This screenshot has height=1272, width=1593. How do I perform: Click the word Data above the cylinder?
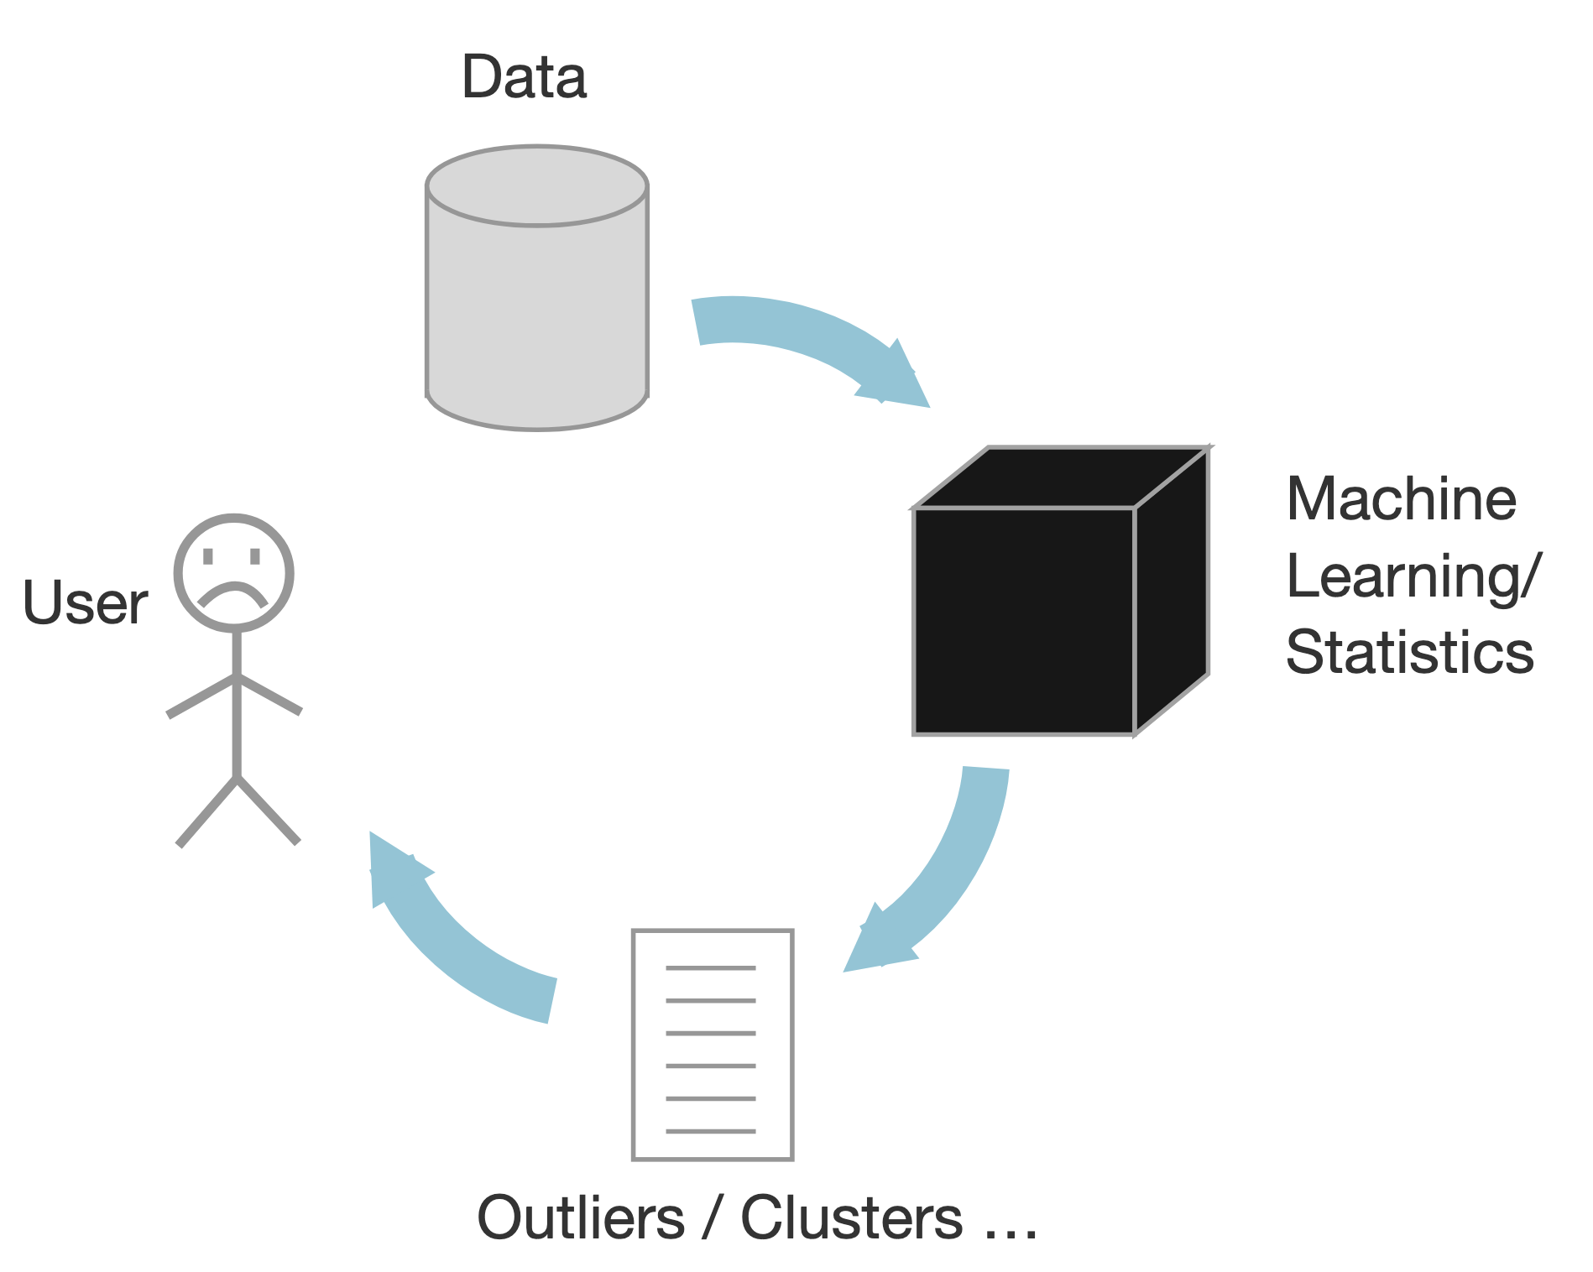click(x=524, y=77)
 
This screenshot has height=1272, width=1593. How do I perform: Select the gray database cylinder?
click(x=537, y=310)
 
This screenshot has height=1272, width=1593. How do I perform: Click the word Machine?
click(x=1401, y=499)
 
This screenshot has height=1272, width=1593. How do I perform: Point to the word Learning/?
click(x=1413, y=577)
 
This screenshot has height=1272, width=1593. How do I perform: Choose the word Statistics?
click(x=1410, y=653)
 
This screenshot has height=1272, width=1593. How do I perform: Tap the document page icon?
click(x=713, y=1045)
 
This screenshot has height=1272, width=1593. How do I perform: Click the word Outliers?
click(x=581, y=1218)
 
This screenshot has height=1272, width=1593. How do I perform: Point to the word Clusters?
click(x=851, y=1218)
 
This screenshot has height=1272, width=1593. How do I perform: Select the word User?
click(x=85, y=603)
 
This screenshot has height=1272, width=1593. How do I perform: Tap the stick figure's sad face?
click(x=234, y=573)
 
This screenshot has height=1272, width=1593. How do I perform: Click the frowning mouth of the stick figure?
click(x=233, y=592)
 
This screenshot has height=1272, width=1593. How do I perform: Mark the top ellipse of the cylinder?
click(x=537, y=186)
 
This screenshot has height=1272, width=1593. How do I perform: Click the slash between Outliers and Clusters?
click(x=713, y=1218)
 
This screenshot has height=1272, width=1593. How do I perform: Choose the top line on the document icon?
click(x=711, y=968)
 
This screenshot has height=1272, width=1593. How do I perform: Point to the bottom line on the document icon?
click(x=711, y=1131)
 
